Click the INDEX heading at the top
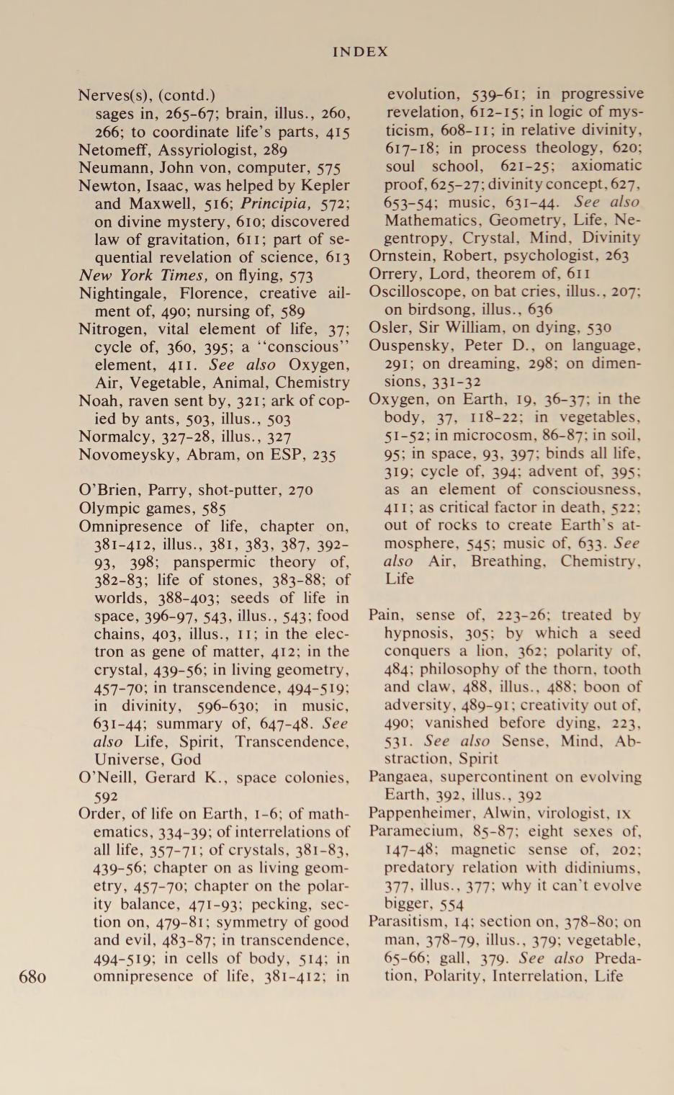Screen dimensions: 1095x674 coord(360,52)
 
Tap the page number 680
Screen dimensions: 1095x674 coord(33,977)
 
